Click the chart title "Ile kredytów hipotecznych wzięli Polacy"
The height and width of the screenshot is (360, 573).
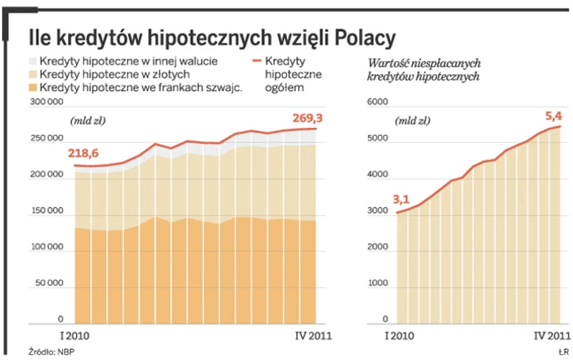(211, 36)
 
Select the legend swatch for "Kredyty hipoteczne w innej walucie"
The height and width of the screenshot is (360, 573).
(33, 60)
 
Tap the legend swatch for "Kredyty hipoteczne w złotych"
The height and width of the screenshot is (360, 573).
(33, 74)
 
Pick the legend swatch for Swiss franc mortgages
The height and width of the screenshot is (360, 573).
(33, 88)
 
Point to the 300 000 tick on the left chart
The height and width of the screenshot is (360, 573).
(49, 103)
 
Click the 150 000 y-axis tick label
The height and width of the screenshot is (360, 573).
(49, 211)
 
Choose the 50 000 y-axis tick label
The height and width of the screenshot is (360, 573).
(49, 283)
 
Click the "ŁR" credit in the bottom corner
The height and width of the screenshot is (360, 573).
(562, 351)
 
